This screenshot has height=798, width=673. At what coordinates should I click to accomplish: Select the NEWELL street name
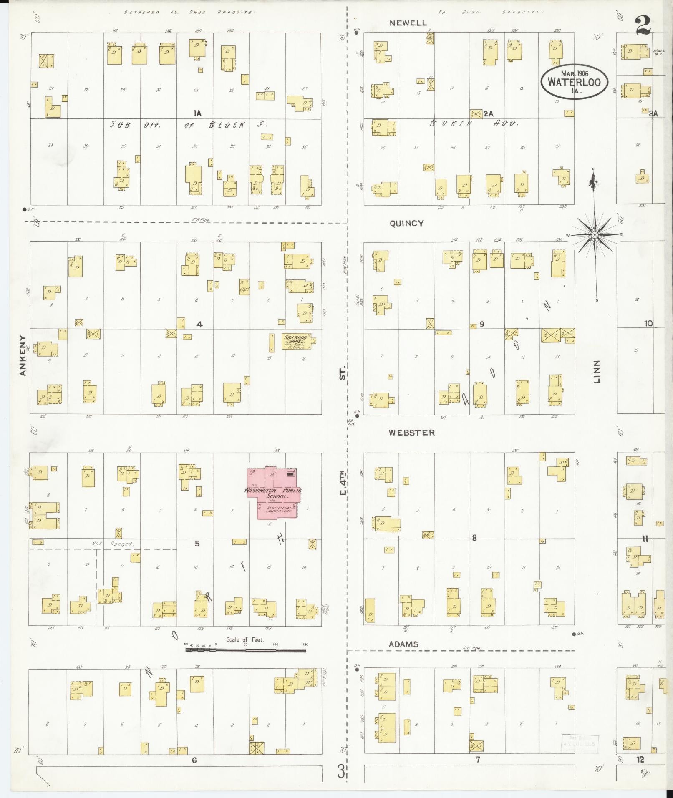(x=408, y=23)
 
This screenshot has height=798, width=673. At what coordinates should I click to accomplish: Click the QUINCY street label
(x=406, y=223)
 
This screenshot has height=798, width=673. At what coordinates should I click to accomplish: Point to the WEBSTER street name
(x=411, y=433)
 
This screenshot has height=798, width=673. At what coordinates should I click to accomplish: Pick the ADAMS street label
(x=403, y=644)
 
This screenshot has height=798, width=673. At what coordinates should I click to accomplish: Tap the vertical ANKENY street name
(x=23, y=355)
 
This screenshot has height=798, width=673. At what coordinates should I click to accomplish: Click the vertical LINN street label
(x=597, y=371)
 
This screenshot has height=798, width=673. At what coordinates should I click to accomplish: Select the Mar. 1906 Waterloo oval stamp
(x=574, y=81)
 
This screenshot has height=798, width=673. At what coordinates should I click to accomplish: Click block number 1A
(x=197, y=113)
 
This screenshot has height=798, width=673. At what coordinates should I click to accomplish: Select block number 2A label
(x=489, y=113)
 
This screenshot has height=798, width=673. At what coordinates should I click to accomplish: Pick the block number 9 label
(x=481, y=324)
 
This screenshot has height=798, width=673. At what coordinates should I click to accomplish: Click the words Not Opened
(x=113, y=544)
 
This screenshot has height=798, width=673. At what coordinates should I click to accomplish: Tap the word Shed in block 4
(x=244, y=288)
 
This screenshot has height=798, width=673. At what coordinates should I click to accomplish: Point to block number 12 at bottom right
(x=640, y=760)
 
